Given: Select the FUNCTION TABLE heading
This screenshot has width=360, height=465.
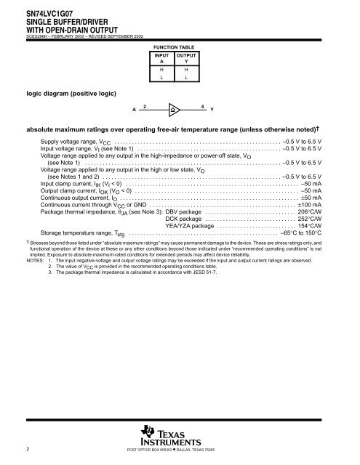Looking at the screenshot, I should [175, 45].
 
